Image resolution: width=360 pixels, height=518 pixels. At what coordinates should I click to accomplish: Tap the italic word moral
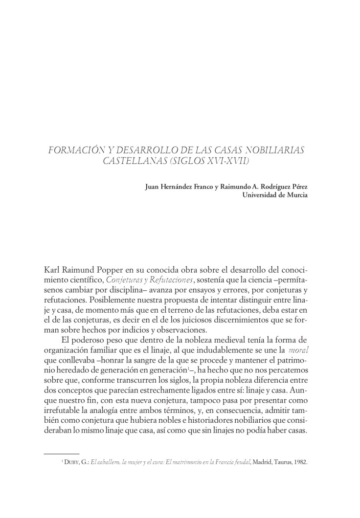(298, 350)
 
